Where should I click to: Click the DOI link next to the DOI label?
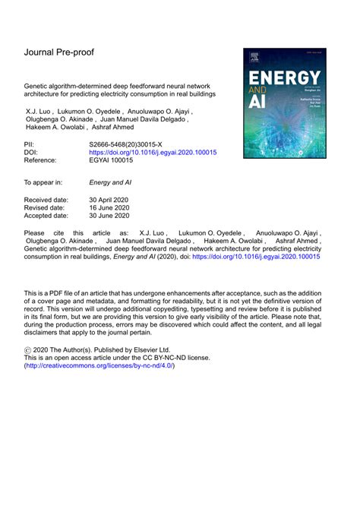pos(153,152)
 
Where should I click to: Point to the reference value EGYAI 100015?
pos(116,161)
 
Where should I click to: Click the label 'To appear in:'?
pos(43,182)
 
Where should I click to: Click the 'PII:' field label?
pos(30,143)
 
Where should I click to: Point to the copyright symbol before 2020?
pos(29,346)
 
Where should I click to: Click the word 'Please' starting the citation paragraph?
pos(35,230)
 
